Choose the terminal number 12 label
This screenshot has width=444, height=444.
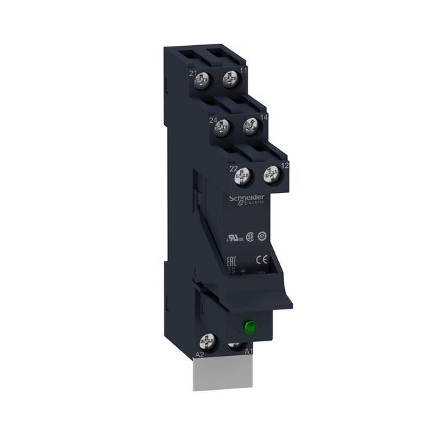click(284, 166)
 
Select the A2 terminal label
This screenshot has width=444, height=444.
click(199, 355)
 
